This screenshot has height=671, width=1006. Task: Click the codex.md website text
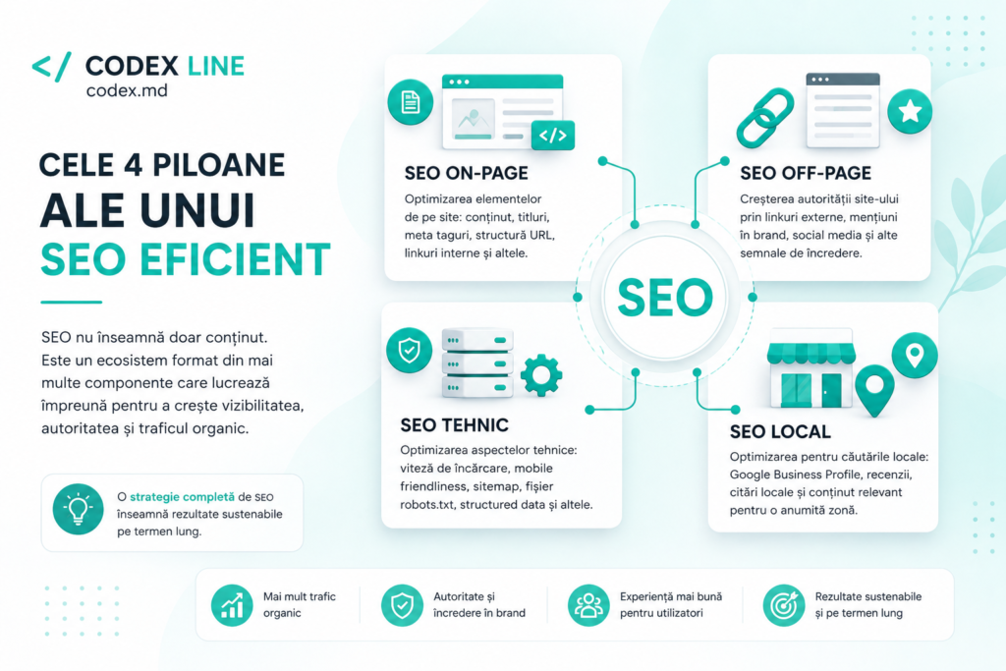pos(127,90)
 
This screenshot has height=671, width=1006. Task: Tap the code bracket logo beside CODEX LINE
pos(51,67)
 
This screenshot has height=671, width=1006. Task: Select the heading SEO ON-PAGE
pos(467,173)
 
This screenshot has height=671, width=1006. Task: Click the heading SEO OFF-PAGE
pos(806,173)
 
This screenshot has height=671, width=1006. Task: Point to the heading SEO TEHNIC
pos(454,425)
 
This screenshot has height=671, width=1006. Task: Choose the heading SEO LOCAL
pos(780,431)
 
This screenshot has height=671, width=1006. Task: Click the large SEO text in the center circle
pos(665,298)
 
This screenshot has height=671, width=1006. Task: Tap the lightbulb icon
pos(79,509)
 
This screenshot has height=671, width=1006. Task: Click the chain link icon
pos(764,118)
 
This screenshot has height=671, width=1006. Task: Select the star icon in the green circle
pos(910,112)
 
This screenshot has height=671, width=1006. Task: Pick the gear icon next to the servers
pos(541,375)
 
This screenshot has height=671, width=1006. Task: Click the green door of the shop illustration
pos(831,389)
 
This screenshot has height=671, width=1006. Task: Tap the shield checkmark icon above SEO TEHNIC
pos(410,351)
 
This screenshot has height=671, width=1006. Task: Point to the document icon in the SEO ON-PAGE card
pos(411,102)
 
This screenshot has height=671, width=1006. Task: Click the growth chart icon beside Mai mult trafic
pos(232,605)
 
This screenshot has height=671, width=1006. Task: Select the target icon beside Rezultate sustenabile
pos(783,605)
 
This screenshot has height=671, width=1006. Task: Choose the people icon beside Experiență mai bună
pos(588,605)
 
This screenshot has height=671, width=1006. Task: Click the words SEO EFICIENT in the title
pos(186,259)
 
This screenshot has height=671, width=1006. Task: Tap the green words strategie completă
pos(182,497)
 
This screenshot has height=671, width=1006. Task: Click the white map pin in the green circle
pos(915,355)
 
